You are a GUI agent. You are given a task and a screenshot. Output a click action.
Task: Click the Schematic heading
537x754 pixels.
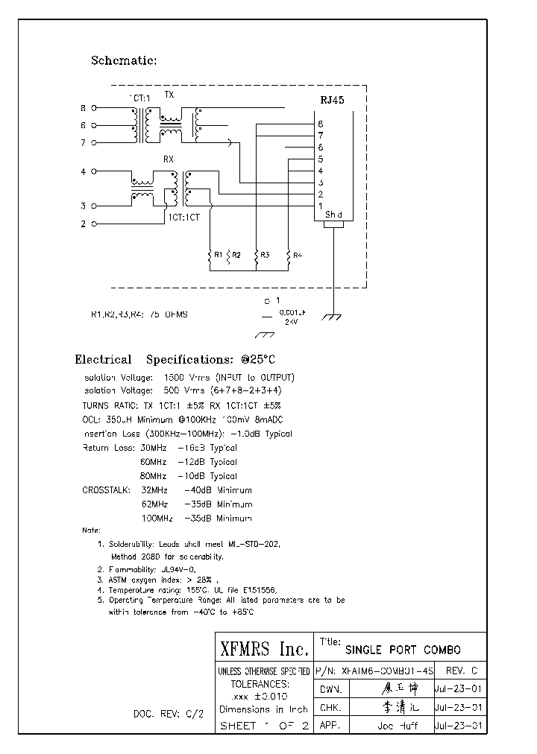pos(123,60)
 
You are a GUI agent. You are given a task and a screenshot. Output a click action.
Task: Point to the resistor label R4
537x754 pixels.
pos(298,256)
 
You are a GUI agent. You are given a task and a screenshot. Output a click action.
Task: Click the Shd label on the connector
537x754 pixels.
pos(333,215)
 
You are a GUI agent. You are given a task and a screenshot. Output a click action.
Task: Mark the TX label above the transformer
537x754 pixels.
pos(169,95)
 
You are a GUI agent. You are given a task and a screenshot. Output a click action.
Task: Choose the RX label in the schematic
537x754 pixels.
pos(169,159)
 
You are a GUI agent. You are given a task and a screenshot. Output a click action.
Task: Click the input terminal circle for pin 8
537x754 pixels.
pos(94,109)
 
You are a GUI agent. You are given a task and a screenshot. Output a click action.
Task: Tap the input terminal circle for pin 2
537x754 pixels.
pos(94,224)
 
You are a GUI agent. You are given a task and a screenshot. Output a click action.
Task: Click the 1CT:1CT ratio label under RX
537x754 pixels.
pos(183,217)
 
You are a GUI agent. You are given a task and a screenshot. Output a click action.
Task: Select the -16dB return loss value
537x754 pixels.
pos(192,448)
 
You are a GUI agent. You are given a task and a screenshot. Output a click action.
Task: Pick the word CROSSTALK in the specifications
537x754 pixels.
pos(106,490)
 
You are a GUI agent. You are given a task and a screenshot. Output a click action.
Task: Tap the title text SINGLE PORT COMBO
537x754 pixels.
pos(403,649)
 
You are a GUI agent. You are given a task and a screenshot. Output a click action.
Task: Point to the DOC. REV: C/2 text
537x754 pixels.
pos(168,713)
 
